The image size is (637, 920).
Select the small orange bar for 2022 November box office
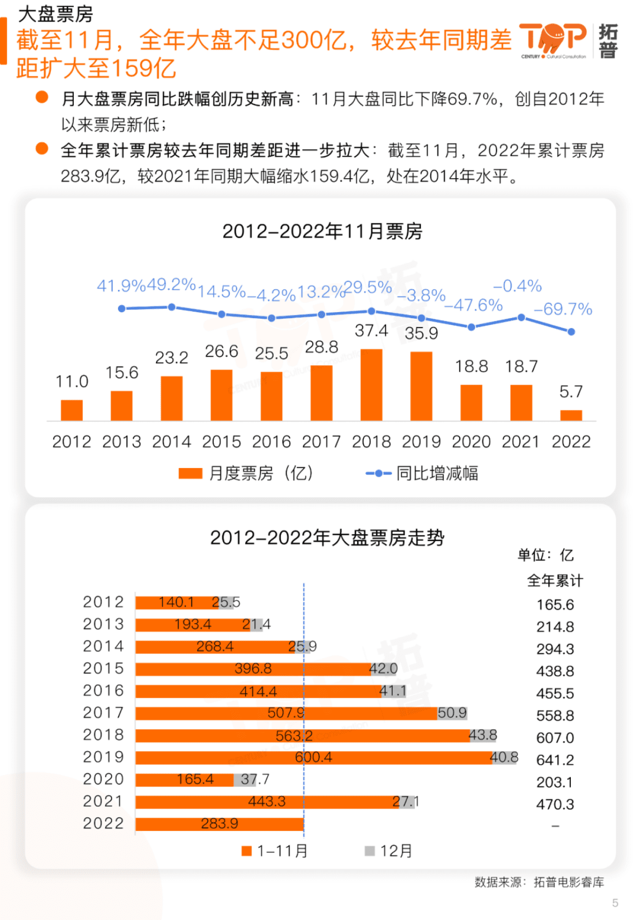[571, 415]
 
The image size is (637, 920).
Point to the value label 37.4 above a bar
[371, 331]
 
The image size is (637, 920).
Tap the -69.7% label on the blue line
[563, 309]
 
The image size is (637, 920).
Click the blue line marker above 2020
[471, 327]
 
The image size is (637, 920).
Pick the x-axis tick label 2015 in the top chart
[221, 442]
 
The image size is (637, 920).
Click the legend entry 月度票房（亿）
[247, 473]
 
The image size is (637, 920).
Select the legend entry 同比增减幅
[423, 473]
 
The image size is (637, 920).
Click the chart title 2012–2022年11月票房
[322, 231]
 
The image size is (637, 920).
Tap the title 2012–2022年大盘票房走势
[327, 538]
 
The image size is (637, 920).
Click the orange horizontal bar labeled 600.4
[313, 758]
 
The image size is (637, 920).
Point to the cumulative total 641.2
[555, 760]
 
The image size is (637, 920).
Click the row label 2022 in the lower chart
[103, 823]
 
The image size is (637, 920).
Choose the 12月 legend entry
[389, 851]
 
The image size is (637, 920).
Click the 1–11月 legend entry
[275, 851]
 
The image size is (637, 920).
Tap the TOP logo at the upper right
[553, 40]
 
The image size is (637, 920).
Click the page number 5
[615, 903]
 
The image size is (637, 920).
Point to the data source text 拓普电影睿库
[569, 882]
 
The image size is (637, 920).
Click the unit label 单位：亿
[545, 555]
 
